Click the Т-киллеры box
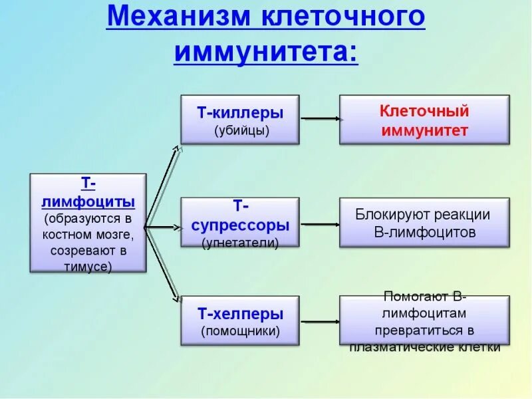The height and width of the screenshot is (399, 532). [x=240, y=120]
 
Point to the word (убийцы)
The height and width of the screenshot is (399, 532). [x=241, y=130]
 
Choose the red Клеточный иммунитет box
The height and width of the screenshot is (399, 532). [x=424, y=120]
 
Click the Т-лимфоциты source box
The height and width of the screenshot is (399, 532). [x=88, y=223]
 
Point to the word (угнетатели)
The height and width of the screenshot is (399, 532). [x=240, y=243]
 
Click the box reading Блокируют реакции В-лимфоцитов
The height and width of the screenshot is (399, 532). [x=424, y=223]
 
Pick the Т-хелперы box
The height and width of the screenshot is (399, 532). [x=240, y=320]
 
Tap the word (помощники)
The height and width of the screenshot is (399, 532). [x=240, y=330]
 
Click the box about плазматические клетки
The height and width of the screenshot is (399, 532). [x=424, y=321]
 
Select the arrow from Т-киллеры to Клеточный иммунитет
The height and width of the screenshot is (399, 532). [x=321, y=119]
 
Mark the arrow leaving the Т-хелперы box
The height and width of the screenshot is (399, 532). [x=321, y=321]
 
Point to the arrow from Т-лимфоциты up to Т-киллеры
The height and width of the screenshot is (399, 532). [x=162, y=186]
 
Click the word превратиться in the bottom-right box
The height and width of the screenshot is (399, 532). [x=424, y=330]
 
